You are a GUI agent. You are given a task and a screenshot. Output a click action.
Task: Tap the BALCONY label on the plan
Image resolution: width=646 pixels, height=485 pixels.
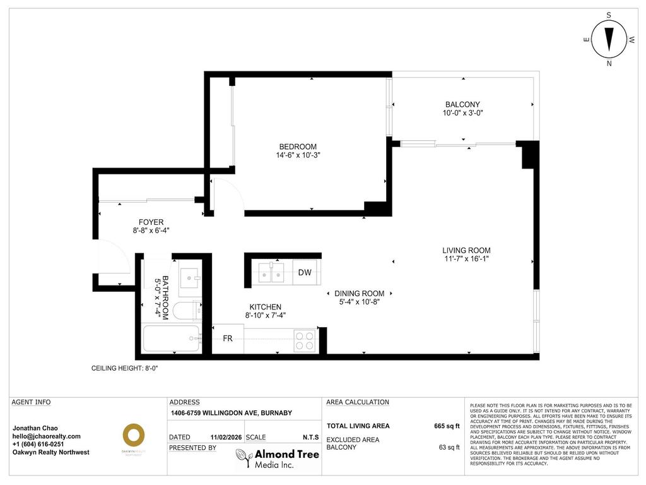(462, 105)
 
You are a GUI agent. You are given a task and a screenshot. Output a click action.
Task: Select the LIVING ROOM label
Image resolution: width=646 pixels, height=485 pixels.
(466, 250)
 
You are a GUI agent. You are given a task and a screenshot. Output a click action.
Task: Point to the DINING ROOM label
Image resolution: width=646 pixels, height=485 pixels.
(359, 293)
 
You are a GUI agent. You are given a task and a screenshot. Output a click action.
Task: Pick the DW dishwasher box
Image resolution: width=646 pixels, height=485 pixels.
(305, 273)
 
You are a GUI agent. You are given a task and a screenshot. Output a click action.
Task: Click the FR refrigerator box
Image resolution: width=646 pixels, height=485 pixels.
(228, 339)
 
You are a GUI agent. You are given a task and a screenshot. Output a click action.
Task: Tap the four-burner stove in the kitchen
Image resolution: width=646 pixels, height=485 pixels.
(305, 341)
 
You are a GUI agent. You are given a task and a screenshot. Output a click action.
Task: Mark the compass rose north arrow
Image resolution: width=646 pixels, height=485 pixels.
(609, 39)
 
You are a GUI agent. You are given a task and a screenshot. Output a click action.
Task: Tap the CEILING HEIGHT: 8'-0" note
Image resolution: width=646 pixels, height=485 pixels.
(124, 368)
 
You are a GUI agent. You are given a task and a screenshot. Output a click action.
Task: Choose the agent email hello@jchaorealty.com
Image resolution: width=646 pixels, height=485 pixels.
(47, 436)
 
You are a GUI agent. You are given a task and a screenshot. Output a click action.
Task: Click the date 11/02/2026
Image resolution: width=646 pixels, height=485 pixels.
(226, 437)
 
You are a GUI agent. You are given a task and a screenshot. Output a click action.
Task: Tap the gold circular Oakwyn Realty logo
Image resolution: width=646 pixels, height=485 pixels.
(133, 435)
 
